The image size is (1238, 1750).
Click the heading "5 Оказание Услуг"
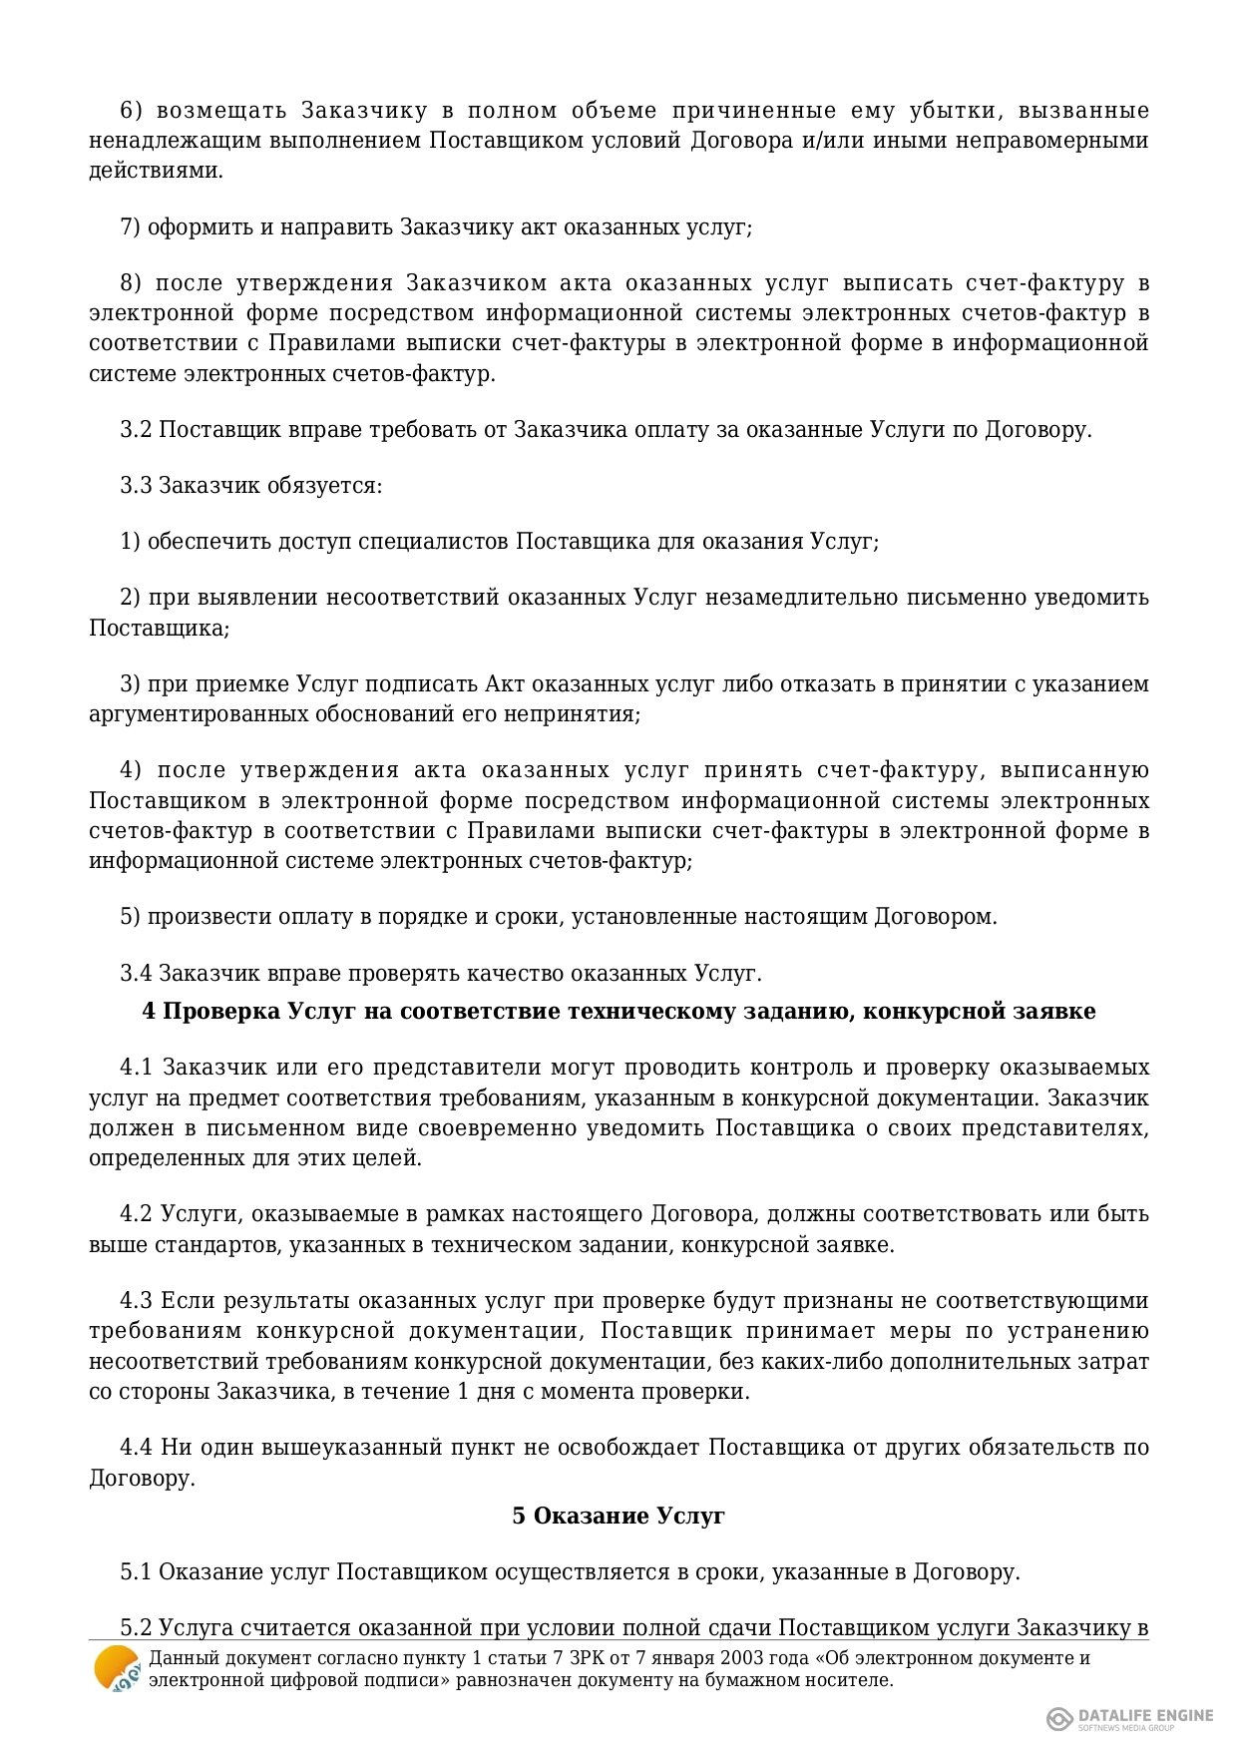pyautogui.click(x=619, y=1516)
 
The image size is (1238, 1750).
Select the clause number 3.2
pyautogui.click(x=136, y=430)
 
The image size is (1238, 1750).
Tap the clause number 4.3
pyautogui.click(x=136, y=1301)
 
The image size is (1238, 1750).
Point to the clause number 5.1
pyautogui.click(x=136, y=1572)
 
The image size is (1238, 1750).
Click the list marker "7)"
pyautogui.click(x=131, y=227)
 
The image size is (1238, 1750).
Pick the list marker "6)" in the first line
pyautogui.click(x=131, y=110)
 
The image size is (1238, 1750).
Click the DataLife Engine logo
pyautogui.click(x=1130, y=1717)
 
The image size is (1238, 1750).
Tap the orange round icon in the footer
pyautogui.click(x=117, y=1669)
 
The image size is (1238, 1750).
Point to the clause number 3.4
pyautogui.click(x=136, y=973)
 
